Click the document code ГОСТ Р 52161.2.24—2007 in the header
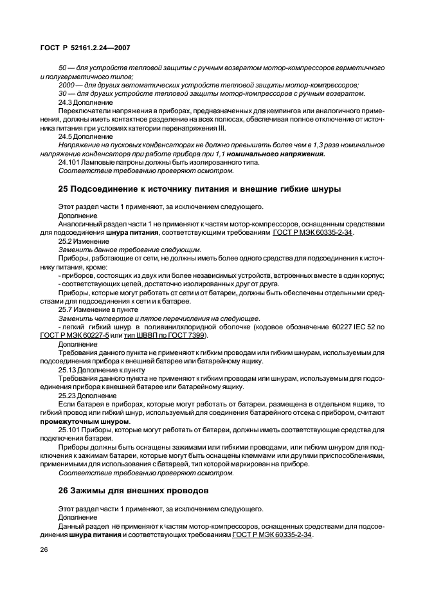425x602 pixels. [86, 48]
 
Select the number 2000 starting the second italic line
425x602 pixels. [67, 85]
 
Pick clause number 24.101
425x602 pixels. [68, 162]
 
